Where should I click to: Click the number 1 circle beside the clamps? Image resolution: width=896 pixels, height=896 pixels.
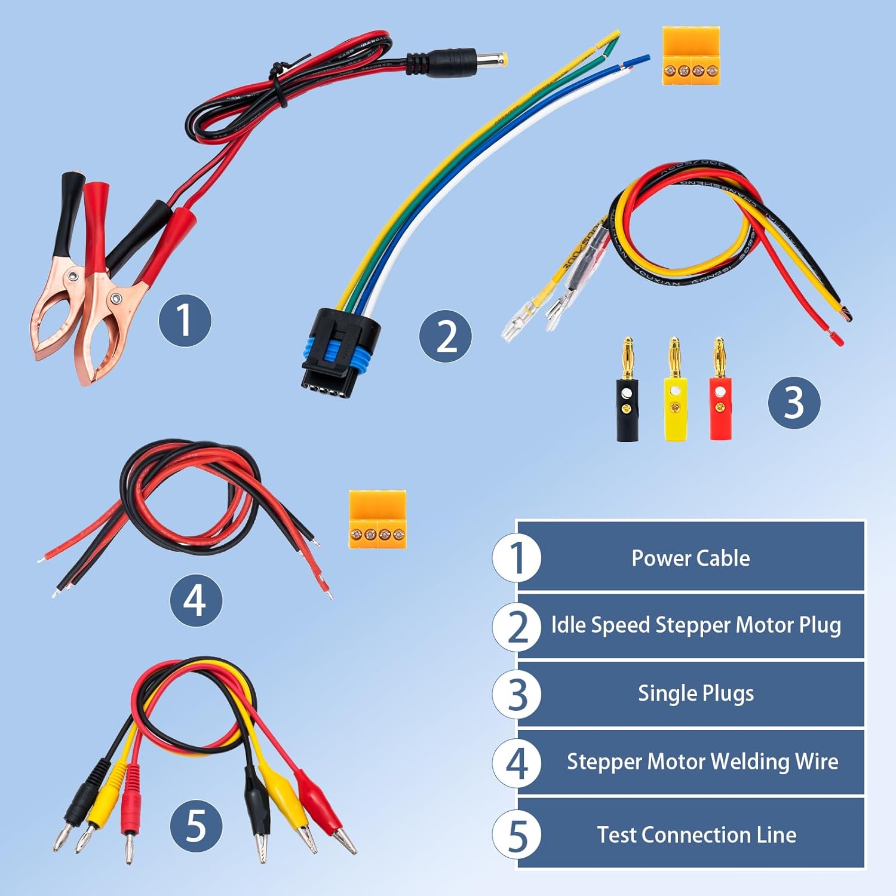click(x=185, y=320)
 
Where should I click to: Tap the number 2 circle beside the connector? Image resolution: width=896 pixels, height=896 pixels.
click(x=445, y=336)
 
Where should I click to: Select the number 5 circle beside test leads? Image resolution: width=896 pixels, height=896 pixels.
click(x=196, y=826)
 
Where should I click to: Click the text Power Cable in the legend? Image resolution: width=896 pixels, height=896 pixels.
click(x=691, y=558)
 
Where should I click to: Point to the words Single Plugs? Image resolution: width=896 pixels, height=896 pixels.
click(x=695, y=694)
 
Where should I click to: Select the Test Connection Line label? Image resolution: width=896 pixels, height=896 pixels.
click(x=696, y=834)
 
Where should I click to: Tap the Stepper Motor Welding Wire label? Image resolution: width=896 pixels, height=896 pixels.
click(x=702, y=762)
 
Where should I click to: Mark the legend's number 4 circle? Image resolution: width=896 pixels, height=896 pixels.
click(x=517, y=763)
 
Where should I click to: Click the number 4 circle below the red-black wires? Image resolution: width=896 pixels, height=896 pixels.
click(x=195, y=600)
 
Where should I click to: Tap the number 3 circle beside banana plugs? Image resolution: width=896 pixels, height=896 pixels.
click(x=793, y=402)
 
